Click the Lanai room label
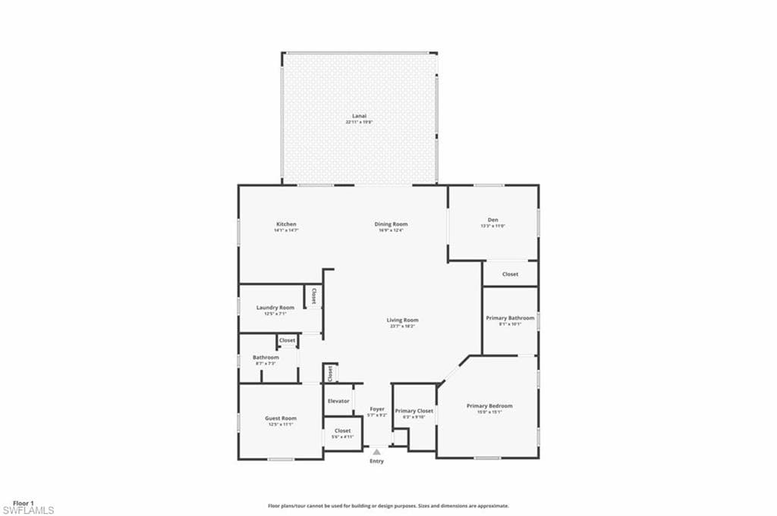(x=360, y=116)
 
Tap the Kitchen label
(x=286, y=224)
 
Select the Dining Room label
(x=391, y=224)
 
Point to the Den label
(x=493, y=220)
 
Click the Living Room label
(x=404, y=321)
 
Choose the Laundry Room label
(x=275, y=308)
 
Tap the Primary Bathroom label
(x=511, y=318)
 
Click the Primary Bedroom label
(x=489, y=406)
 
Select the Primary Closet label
(x=414, y=411)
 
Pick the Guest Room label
(x=280, y=418)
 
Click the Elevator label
(x=338, y=401)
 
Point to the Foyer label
(x=377, y=409)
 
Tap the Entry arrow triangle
(x=376, y=452)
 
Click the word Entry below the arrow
(x=376, y=461)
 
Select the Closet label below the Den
(x=511, y=274)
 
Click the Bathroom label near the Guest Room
(x=266, y=358)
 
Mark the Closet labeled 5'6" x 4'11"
(x=343, y=431)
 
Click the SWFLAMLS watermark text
(x=28, y=510)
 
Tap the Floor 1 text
(x=24, y=502)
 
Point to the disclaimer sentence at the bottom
(x=388, y=505)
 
